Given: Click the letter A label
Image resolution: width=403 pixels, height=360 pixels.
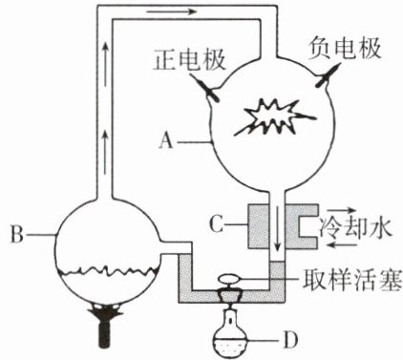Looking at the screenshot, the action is (x=166, y=140).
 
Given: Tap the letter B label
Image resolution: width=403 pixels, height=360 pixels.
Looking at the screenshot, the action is (x=17, y=235).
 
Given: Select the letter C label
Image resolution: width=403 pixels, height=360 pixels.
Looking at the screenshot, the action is (x=216, y=224).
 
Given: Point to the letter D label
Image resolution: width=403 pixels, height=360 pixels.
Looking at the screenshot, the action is (x=290, y=340).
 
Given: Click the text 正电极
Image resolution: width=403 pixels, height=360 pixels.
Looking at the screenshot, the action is (x=190, y=60).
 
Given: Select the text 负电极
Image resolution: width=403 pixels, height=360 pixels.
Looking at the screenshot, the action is (x=345, y=49).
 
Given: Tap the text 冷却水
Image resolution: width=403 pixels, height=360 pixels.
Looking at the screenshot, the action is (x=355, y=227).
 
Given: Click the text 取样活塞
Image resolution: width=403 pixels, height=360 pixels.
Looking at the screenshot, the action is (x=351, y=280).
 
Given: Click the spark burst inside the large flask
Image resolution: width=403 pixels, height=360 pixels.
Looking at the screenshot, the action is (x=274, y=117).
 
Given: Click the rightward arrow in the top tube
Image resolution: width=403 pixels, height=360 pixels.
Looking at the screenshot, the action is (x=172, y=12).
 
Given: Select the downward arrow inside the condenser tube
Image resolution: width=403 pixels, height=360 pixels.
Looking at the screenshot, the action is (x=277, y=229).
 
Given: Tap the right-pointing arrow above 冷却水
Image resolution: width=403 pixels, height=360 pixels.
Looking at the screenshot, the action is (x=341, y=210).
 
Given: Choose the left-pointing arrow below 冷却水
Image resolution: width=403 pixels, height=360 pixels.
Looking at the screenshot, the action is (x=343, y=244).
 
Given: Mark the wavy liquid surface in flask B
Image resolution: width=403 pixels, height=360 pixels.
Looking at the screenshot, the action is (x=107, y=270).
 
